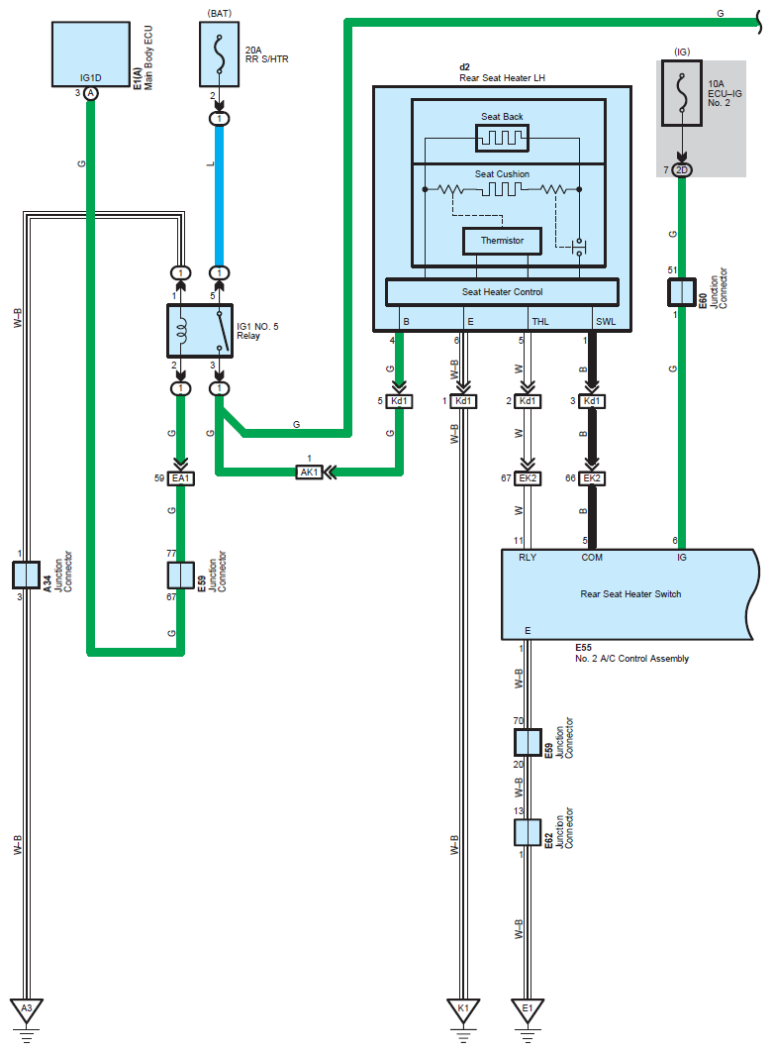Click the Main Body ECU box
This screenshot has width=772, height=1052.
(x=90, y=53)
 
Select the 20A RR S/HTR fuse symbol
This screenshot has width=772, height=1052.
(x=219, y=53)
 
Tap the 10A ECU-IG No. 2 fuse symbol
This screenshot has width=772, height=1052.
(x=682, y=93)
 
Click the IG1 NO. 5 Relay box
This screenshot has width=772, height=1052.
(x=200, y=331)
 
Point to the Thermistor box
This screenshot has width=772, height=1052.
(x=502, y=241)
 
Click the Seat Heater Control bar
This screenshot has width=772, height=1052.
(x=502, y=292)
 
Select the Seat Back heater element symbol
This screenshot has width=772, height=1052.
(x=502, y=139)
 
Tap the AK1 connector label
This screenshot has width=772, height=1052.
(x=309, y=473)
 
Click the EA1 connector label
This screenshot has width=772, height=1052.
(x=181, y=478)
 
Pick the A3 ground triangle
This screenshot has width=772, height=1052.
(x=26, y=1009)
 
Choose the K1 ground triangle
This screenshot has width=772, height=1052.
(x=463, y=1009)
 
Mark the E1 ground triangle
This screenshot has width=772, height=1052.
(x=528, y=1009)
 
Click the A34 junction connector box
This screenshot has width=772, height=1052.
(x=26, y=575)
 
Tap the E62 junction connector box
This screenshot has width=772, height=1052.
(x=528, y=833)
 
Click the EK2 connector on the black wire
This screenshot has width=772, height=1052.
(x=592, y=478)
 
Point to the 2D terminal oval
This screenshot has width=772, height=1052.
(x=682, y=170)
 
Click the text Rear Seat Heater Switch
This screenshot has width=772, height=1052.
(x=630, y=593)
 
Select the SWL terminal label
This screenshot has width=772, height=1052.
(x=606, y=321)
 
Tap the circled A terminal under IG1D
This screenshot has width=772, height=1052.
(x=90, y=93)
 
